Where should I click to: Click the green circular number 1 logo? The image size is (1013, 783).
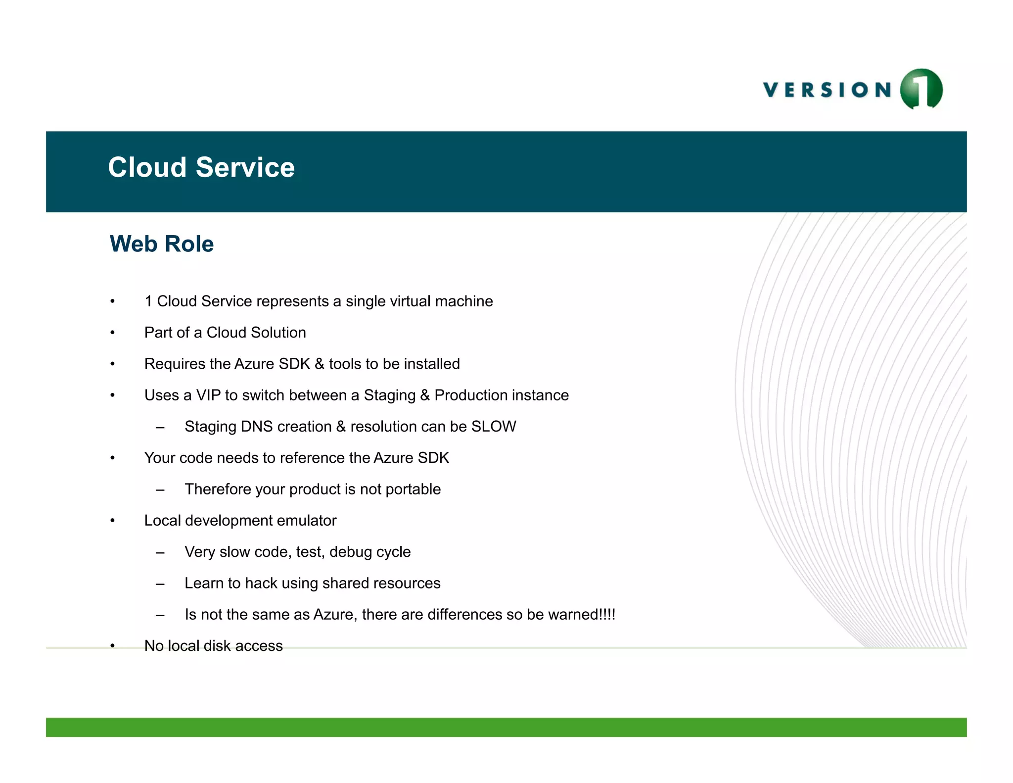coord(921,89)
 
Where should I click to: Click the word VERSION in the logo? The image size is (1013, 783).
coord(827,90)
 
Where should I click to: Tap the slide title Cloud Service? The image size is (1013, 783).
coord(201,167)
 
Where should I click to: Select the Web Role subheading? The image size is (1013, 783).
coord(162,244)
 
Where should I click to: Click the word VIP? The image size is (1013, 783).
coord(208,395)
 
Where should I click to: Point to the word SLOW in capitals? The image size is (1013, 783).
coord(494,427)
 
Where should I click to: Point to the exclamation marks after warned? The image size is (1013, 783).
coord(607,615)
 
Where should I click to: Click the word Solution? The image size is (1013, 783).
coord(281,333)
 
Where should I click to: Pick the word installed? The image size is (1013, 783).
coord(432,364)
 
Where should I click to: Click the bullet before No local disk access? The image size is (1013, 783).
coord(113,646)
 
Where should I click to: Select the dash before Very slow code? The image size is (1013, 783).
coord(160,552)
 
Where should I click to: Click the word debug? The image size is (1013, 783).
coord(350,552)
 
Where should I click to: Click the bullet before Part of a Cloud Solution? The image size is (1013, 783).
coord(113,333)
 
